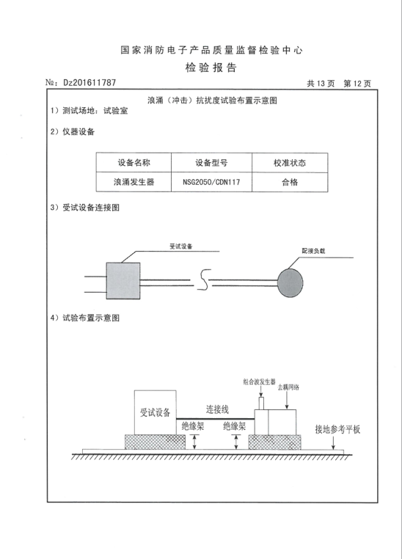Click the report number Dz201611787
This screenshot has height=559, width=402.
point(89,83)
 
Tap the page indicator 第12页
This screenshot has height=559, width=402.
point(357,84)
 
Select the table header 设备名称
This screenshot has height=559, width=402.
point(134,163)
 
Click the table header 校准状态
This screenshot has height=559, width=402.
point(290,163)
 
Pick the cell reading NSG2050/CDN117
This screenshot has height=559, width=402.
point(211,182)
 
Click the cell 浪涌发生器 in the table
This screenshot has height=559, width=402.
point(134,182)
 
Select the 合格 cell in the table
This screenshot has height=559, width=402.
point(290,182)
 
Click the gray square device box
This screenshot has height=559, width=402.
point(123,280)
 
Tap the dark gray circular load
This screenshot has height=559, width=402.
point(290,283)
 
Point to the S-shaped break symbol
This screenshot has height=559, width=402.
point(203,279)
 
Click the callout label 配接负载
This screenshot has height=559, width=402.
point(314,251)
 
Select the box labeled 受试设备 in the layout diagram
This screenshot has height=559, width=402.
point(155,412)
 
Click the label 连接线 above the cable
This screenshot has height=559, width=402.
point(217,409)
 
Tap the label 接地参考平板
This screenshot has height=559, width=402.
point(337,429)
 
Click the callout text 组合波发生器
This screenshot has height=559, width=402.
point(260,381)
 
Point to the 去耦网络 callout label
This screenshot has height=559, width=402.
point(289,387)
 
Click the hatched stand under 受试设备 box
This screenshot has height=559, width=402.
point(155,442)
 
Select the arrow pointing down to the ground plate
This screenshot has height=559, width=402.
point(334,442)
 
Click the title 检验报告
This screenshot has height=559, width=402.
point(211,67)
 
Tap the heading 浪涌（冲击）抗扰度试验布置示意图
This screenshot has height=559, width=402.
point(213,101)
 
